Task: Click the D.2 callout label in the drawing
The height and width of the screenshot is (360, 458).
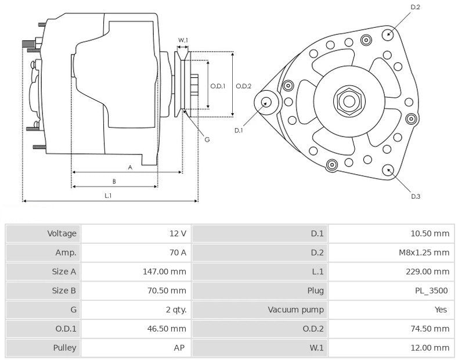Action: coord(415,7)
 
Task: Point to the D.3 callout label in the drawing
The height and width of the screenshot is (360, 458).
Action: coord(416,196)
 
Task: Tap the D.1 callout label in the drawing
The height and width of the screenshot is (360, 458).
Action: coord(239,131)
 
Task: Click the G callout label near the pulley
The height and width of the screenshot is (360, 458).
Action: coord(207,139)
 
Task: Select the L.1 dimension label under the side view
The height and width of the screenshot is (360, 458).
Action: coord(109,196)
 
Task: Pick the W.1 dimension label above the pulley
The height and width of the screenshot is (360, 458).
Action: coord(183,40)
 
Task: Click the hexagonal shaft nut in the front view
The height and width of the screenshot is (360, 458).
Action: coord(349,101)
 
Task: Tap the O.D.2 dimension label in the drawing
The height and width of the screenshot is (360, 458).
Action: coord(244,86)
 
